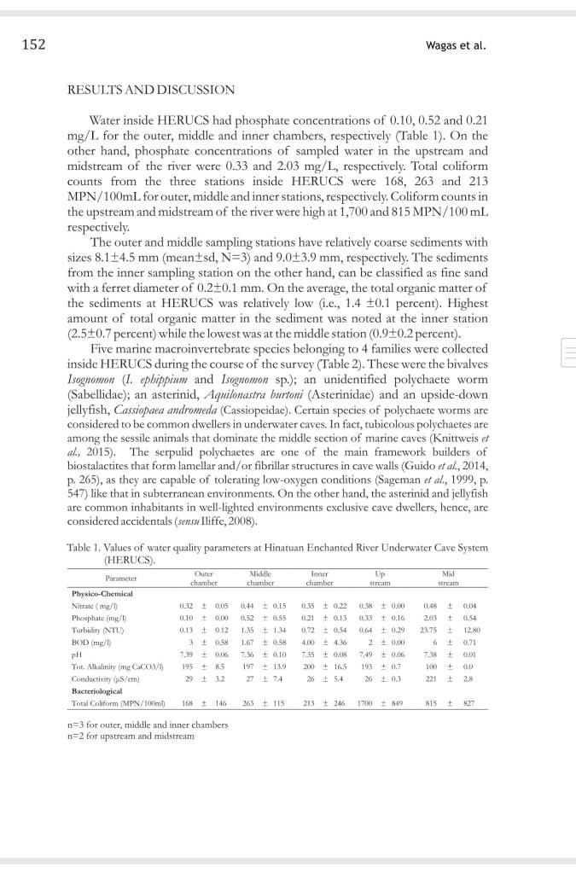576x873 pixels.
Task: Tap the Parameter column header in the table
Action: (109, 578)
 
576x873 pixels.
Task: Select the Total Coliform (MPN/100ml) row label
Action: (113, 704)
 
